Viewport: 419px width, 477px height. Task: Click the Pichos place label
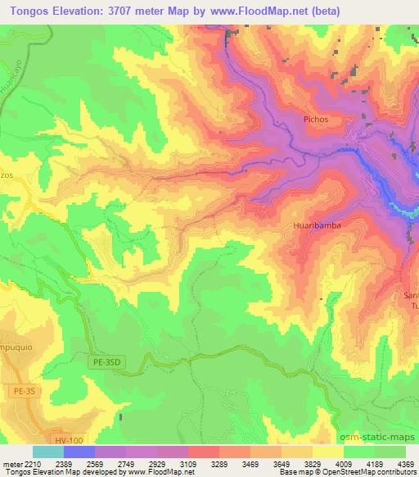tap(314, 120)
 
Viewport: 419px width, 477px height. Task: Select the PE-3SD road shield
tap(104, 358)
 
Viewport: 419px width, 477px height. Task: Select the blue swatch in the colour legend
tap(79, 452)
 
